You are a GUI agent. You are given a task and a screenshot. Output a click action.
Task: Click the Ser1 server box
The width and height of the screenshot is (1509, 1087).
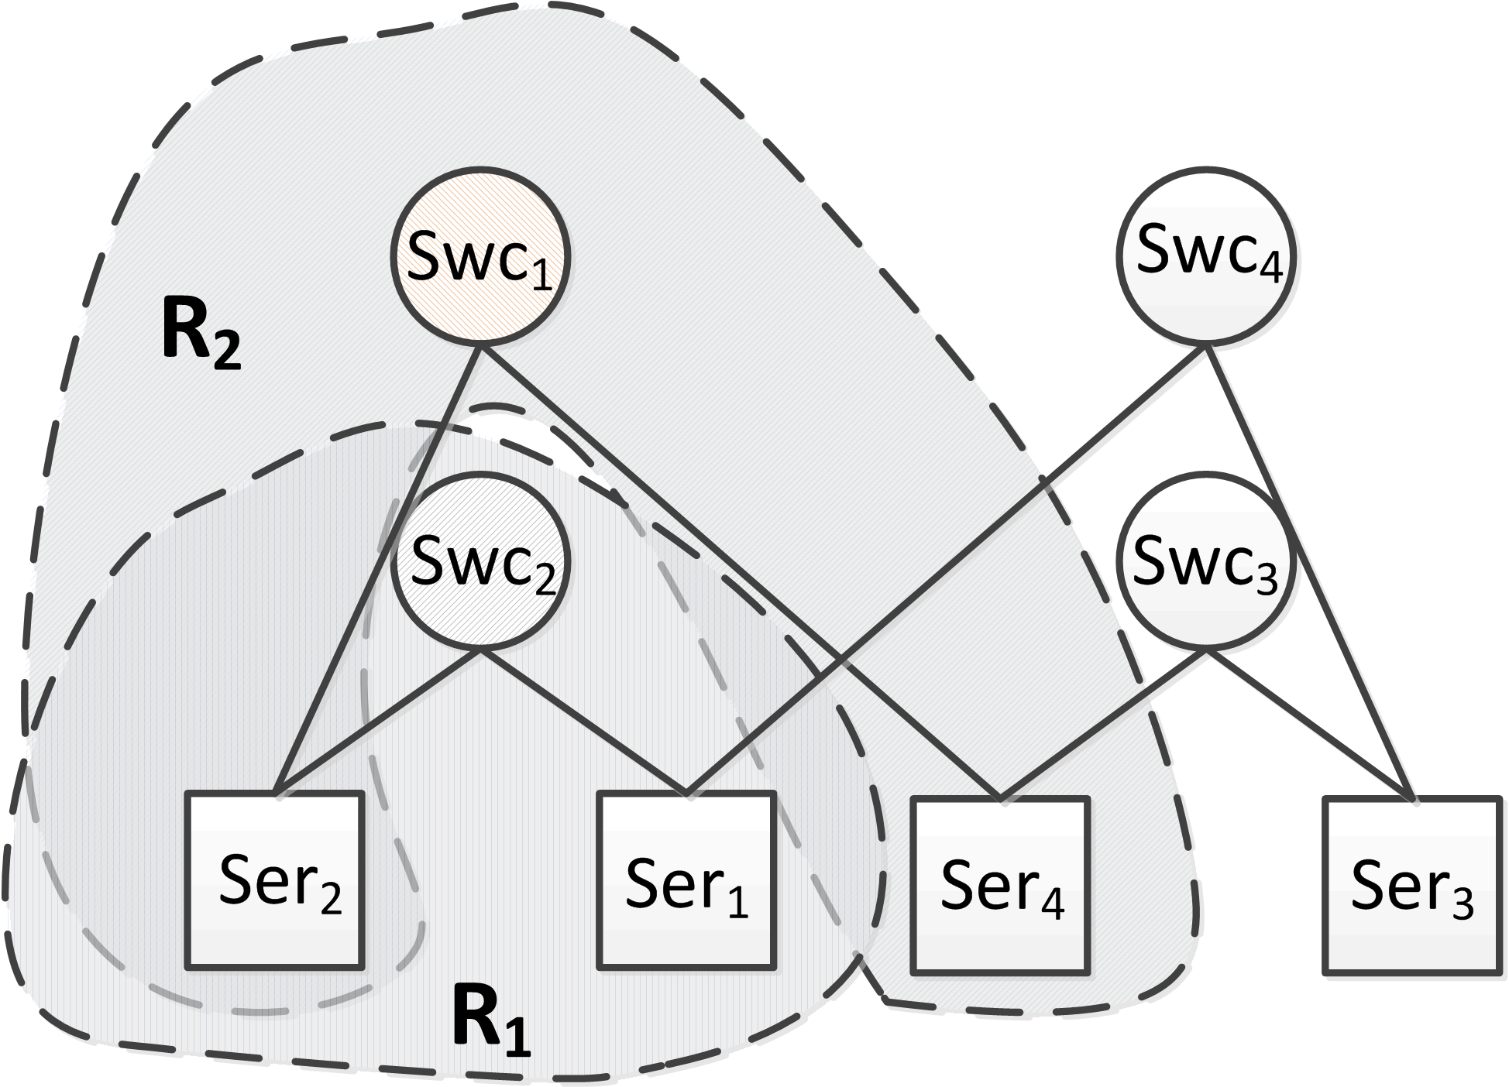click(686, 880)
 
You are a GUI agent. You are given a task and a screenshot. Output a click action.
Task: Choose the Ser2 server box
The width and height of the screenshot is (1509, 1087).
click(275, 880)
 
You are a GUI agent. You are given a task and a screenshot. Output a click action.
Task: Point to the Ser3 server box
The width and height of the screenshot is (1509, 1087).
click(1411, 885)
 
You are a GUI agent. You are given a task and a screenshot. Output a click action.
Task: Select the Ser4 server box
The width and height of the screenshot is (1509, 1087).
click(1001, 885)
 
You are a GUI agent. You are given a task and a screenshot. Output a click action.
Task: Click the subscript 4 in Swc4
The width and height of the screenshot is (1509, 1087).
click(1272, 271)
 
